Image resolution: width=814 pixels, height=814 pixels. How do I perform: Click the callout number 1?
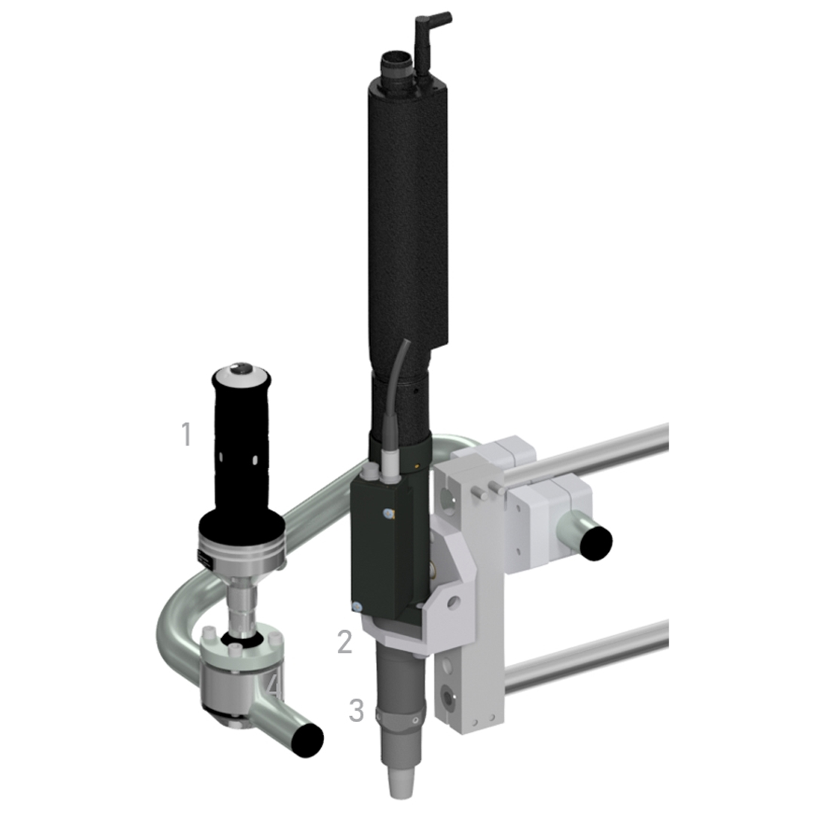[x=186, y=434]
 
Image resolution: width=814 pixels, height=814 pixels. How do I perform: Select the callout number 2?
[x=344, y=642]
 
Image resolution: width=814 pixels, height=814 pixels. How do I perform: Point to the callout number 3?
[x=356, y=710]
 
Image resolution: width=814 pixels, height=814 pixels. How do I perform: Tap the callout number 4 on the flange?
[x=274, y=688]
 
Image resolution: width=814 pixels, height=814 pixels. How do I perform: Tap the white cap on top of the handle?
[x=240, y=372]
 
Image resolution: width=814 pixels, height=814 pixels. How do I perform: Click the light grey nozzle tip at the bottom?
[x=399, y=782]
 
